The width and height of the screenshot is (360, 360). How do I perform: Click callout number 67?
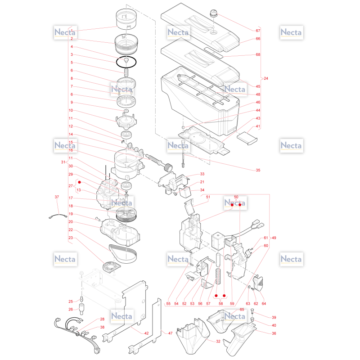click(x=258, y=31)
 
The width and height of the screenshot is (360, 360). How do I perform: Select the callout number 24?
click(x=266, y=78)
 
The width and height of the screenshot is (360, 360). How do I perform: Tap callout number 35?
click(x=258, y=170)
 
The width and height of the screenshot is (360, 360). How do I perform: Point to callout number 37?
click(x=57, y=197)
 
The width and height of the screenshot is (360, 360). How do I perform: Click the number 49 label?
click(x=274, y=238)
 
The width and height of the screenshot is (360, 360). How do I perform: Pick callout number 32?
click(x=218, y=342)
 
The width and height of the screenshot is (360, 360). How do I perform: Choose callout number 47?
click(x=170, y=333)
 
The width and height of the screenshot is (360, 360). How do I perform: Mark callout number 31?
click(x=63, y=162)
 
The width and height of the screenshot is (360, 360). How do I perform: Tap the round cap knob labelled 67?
click(x=214, y=13)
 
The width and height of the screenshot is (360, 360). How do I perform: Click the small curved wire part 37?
click(x=58, y=216)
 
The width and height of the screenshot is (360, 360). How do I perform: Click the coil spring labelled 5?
click(x=126, y=72)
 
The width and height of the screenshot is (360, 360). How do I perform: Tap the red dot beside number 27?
click(x=80, y=182)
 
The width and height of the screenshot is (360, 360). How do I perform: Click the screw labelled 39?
click(x=252, y=311)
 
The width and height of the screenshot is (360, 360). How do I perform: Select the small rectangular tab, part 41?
click(x=247, y=138)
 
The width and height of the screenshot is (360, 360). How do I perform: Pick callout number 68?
click(x=258, y=54)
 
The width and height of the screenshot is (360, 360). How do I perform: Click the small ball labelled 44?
click(x=183, y=127)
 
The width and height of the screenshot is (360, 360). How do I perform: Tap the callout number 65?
click(x=242, y=309)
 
